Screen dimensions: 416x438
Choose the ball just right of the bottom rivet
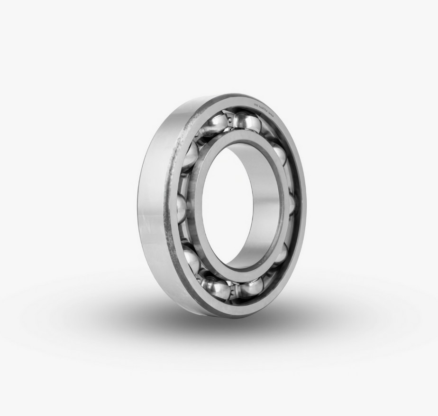[251, 286]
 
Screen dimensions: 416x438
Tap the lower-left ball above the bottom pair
[191, 259]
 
